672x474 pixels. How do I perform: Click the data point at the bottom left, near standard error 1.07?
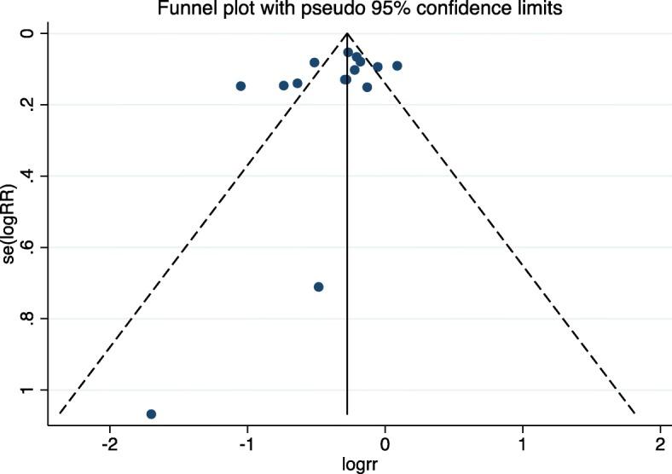[x=151, y=413]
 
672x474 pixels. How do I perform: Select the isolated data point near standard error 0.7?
[x=318, y=286]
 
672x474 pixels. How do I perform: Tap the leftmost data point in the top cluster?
[x=240, y=86]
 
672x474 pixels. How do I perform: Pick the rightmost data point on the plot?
[x=397, y=66]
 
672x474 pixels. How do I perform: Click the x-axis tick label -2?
[x=109, y=445]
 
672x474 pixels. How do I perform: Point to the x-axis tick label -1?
[x=247, y=445]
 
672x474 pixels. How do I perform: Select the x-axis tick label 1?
[x=522, y=445]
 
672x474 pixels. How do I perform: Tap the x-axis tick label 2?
[x=659, y=445]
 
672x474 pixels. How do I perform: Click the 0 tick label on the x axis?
[x=385, y=445]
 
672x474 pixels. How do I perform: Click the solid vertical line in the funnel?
[x=347, y=256]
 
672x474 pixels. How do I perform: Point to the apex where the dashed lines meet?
[x=347, y=33]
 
